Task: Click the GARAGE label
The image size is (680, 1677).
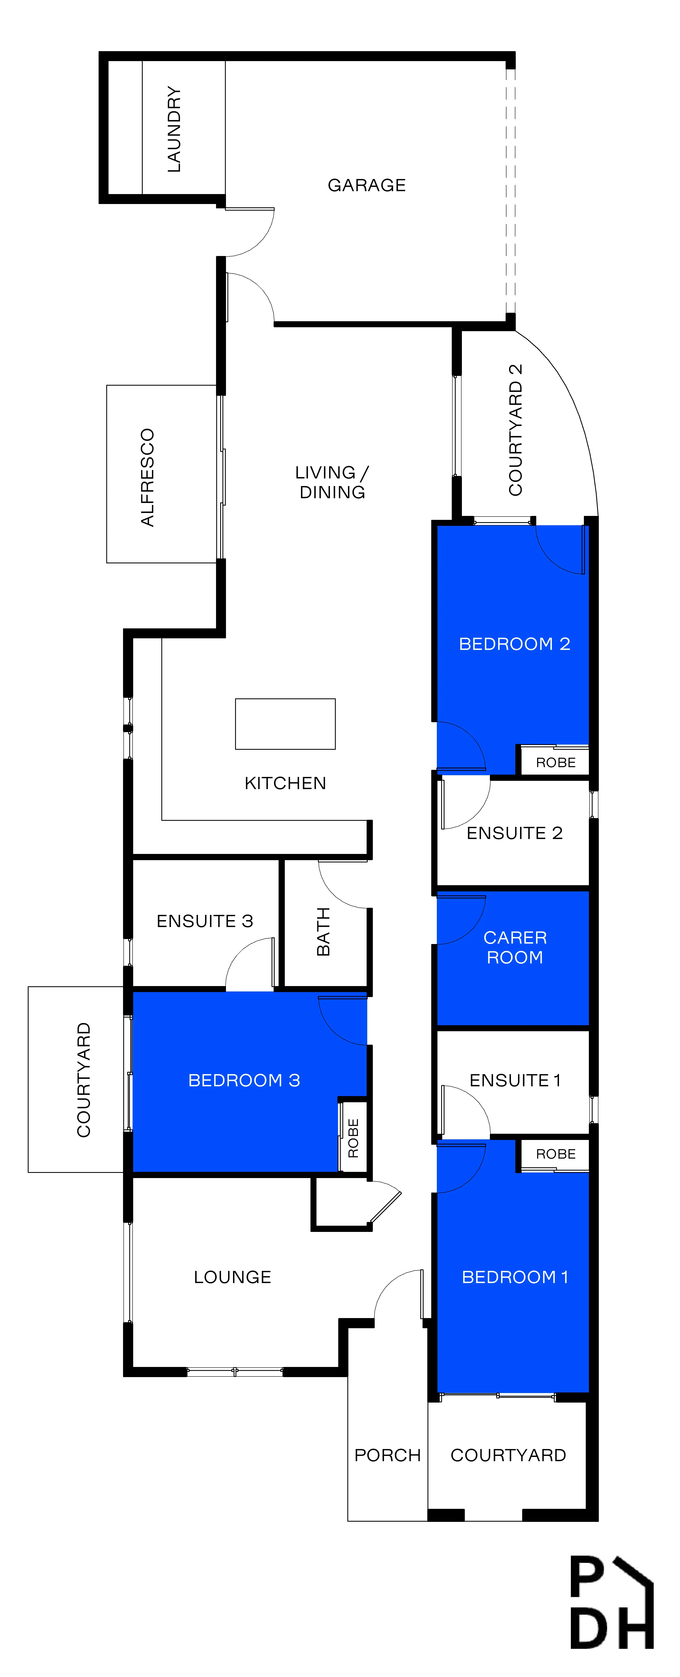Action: (367, 186)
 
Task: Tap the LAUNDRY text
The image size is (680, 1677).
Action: (174, 129)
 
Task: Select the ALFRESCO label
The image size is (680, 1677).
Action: (148, 477)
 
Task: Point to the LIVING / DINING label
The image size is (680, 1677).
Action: (332, 482)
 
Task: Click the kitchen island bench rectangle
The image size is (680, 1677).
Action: (285, 724)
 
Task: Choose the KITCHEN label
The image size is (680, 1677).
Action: (285, 783)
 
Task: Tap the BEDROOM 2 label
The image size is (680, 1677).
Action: (515, 644)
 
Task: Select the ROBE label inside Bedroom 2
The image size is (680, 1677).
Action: (556, 762)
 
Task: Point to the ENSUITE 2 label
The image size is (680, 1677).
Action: (515, 833)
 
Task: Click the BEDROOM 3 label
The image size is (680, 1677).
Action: (244, 1081)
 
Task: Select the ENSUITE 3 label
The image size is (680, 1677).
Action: (204, 921)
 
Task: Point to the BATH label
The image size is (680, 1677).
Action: (323, 932)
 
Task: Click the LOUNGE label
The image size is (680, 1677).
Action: (233, 1277)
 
